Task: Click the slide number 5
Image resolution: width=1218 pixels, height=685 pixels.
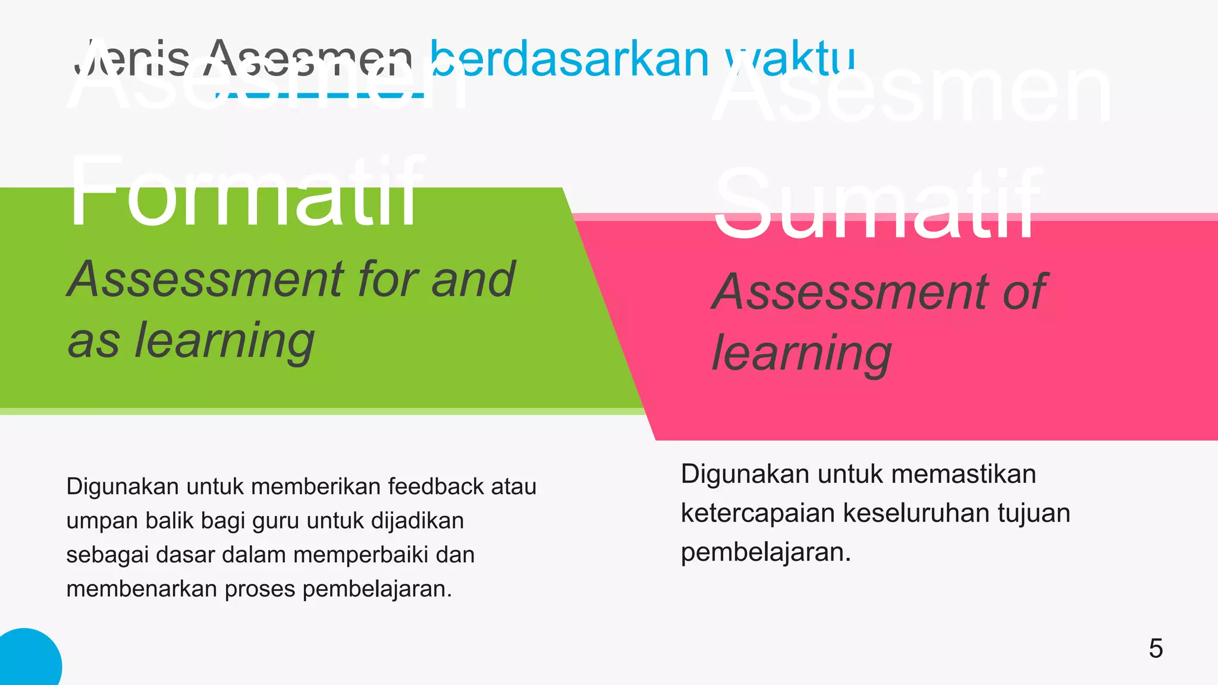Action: click(x=1156, y=649)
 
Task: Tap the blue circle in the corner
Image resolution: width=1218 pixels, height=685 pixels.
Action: click(x=27, y=660)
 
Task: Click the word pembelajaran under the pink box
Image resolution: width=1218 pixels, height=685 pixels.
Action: click(x=765, y=552)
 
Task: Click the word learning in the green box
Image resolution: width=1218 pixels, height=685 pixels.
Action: click(x=224, y=341)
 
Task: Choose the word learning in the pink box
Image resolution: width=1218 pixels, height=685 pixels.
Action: click(x=802, y=353)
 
